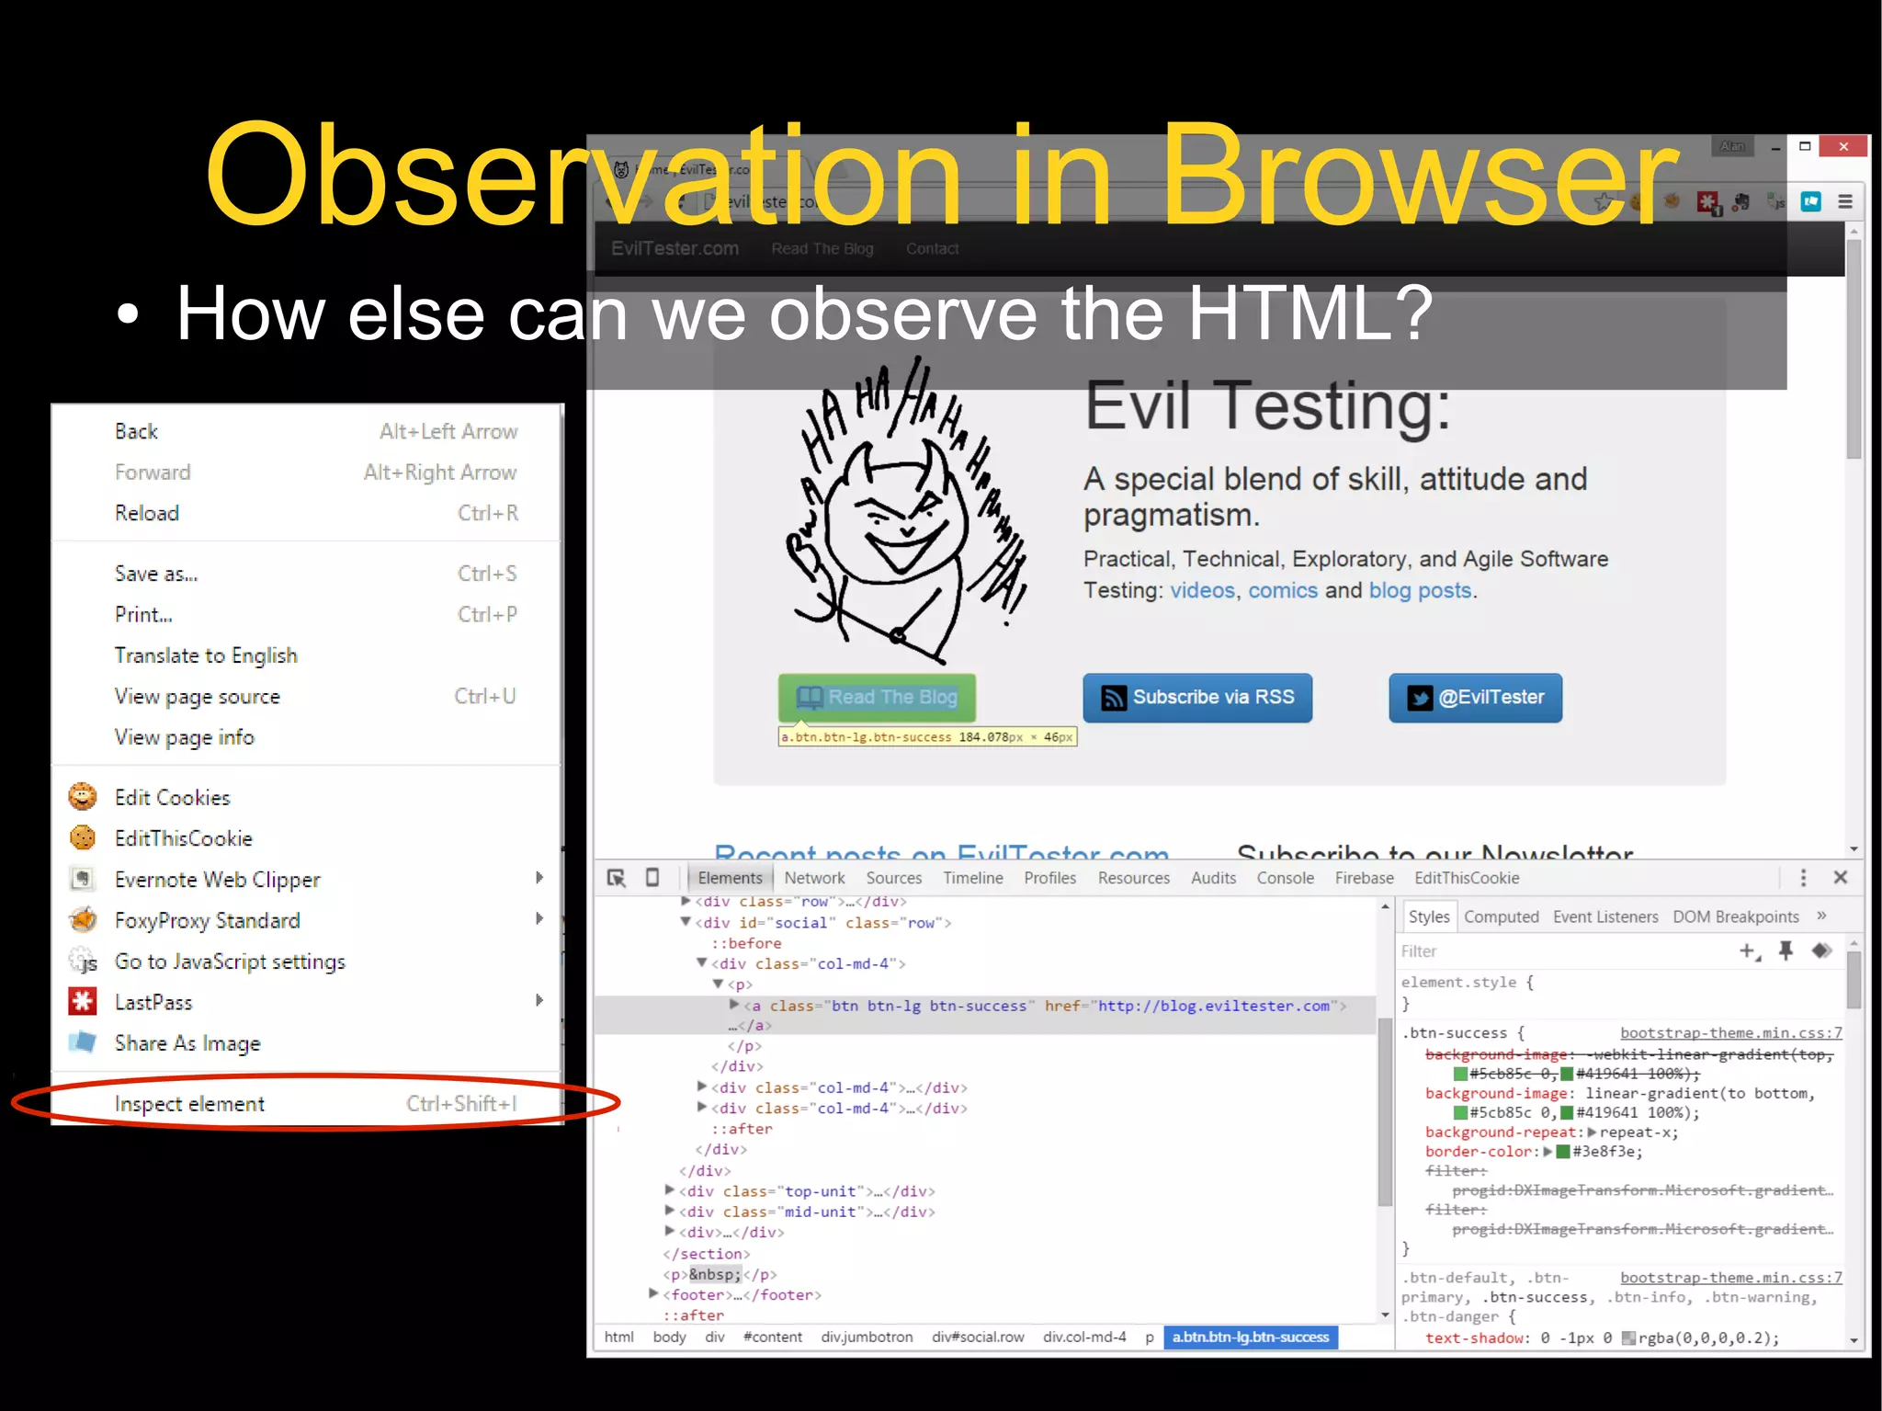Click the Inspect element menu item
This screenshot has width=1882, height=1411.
point(189,1104)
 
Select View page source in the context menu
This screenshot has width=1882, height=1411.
point(198,697)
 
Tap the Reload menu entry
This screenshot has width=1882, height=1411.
point(147,513)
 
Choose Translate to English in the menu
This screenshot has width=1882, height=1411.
point(206,655)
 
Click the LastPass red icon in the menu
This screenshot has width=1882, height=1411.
point(83,1002)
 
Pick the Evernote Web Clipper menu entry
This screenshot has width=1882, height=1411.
point(217,880)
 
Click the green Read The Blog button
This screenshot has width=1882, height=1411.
point(877,698)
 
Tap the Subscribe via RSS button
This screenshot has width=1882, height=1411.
point(1197,698)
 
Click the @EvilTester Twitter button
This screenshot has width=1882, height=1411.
point(1475,698)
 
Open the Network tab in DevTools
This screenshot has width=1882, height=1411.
point(814,878)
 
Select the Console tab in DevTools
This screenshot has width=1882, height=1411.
point(1285,878)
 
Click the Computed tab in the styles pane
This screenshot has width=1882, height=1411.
point(1501,916)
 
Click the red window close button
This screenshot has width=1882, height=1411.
point(1843,146)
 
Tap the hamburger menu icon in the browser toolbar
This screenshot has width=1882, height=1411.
point(1845,202)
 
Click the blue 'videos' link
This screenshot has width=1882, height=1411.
point(1202,590)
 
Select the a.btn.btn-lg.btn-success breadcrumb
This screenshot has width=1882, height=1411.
point(1250,1337)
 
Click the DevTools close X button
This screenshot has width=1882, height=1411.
point(1840,878)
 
